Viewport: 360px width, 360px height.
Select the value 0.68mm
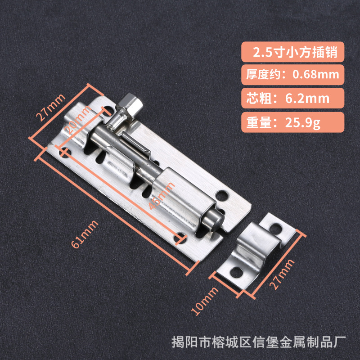coord(312,74)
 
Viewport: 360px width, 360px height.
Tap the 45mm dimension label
coord(162,193)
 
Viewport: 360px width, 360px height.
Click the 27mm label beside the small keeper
coord(282,275)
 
